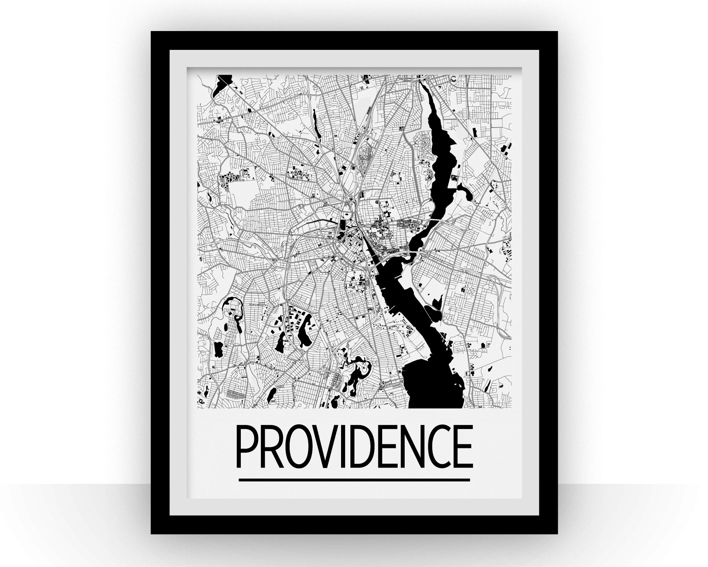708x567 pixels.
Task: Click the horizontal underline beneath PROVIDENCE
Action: pyautogui.click(x=354, y=480)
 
